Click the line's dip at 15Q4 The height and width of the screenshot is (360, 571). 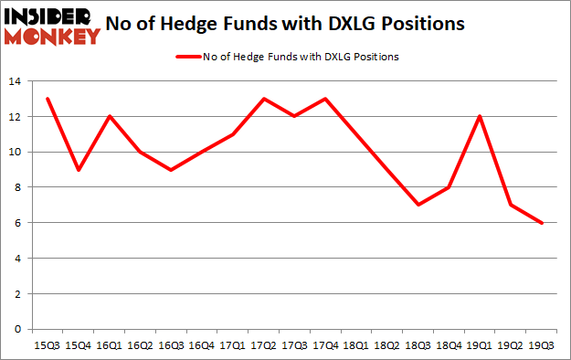tap(79, 169)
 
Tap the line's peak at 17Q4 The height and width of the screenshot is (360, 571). tap(326, 99)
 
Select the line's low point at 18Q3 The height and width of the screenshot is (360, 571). tap(418, 205)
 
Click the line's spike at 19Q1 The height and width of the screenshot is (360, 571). tap(481, 116)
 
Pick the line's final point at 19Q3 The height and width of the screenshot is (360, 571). tap(543, 222)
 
